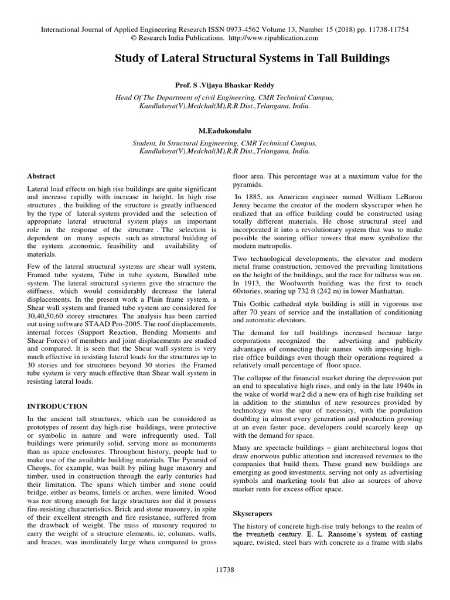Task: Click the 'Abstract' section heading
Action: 42,176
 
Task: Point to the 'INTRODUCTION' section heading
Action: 57,406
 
